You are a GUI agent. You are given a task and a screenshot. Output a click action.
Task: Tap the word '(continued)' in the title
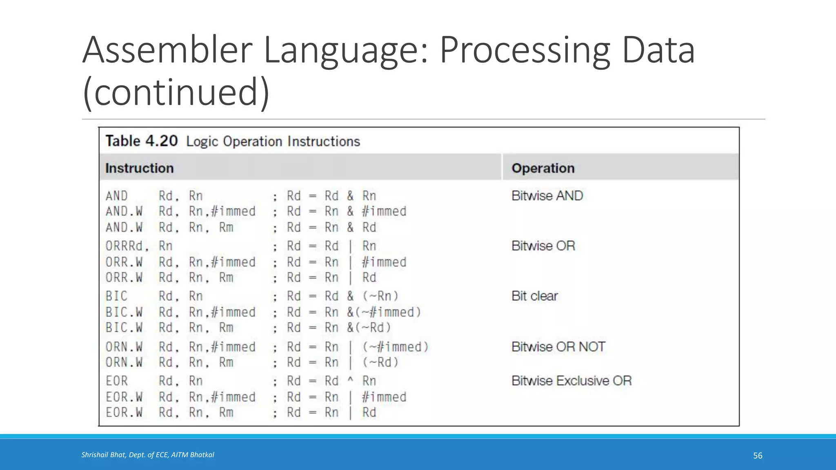pos(176,92)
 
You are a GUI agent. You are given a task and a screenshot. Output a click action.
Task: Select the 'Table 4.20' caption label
pos(141,141)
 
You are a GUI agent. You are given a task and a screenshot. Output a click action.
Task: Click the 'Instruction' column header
pos(139,168)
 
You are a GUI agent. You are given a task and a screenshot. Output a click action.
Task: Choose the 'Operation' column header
pos(543,168)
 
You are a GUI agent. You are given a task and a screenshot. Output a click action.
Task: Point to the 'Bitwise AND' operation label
pos(547,196)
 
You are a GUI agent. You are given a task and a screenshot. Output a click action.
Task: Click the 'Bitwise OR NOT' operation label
pos(558,347)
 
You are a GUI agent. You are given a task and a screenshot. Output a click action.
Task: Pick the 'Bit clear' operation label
pos(534,296)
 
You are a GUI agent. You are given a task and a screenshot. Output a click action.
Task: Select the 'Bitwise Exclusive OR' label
pos(571,381)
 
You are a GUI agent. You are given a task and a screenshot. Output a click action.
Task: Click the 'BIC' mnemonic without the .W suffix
pos(116,296)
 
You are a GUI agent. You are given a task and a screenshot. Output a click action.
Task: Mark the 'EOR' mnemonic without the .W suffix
pos(117,381)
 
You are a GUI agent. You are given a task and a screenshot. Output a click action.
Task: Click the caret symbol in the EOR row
pos(350,380)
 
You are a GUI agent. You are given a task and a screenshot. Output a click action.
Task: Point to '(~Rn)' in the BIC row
pos(380,296)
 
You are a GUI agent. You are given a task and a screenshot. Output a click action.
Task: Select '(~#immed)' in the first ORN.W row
pos(395,347)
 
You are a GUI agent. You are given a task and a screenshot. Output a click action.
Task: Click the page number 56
pos(758,456)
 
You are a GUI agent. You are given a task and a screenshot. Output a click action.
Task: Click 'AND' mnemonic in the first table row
pos(117,196)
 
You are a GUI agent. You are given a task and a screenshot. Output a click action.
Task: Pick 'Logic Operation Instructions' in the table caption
pos(273,142)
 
